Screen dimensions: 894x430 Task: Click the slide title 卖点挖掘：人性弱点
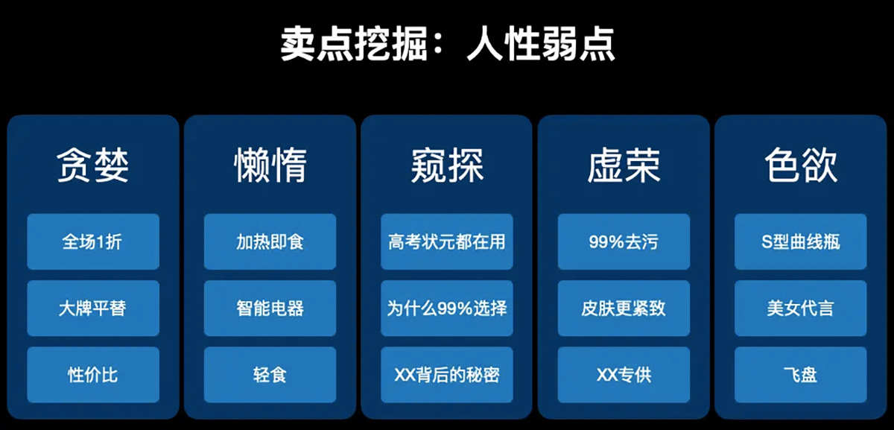point(448,44)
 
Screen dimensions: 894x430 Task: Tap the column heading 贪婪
point(92,165)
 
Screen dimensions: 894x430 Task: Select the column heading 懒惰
point(270,165)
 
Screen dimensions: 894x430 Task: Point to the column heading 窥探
point(447,165)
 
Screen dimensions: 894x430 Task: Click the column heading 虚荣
point(624,165)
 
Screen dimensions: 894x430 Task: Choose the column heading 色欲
point(801,165)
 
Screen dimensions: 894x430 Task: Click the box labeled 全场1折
point(93,241)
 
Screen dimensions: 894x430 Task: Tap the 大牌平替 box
point(93,309)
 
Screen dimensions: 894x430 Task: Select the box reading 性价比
point(93,375)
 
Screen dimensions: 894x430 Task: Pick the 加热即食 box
point(270,241)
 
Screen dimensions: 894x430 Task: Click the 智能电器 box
point(270,309)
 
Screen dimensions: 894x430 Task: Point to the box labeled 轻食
point(270,375)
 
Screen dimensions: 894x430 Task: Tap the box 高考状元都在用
point(446,241)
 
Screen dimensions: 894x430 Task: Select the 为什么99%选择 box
point(446,309)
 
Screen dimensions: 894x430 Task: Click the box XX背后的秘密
point(446,375)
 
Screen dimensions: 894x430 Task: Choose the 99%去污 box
point(624,241)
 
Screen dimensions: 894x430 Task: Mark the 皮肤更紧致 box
point(624,309)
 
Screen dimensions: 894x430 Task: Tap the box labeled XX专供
point(624,375)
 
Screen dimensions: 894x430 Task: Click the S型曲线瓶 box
point(801,241)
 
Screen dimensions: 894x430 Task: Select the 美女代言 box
point(801,309)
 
